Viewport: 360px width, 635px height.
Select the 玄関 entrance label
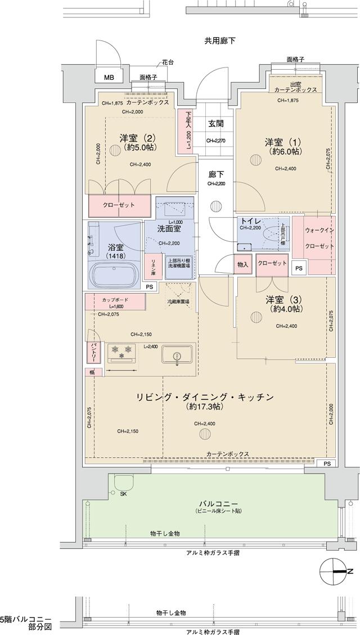click(x=216, y=124)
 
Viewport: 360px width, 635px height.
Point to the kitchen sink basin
click(x=177, y=355)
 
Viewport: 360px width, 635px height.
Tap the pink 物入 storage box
click(x=242, y=264)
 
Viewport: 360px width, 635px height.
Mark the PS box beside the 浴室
click(x=149, y=287)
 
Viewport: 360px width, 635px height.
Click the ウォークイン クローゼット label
click(x=320, y=239)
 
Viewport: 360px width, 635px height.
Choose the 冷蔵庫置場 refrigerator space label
click(x=178, y=302)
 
